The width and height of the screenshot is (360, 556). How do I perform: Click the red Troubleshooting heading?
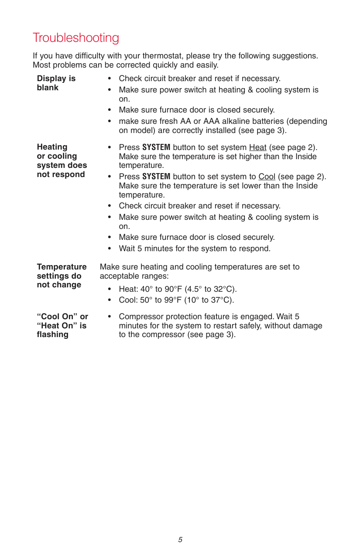pos(75,38)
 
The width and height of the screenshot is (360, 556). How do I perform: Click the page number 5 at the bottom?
pos(180,540)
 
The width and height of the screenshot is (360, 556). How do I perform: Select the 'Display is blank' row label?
pos(56,83)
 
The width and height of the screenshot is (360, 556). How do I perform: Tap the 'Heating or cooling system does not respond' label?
pos(62,160)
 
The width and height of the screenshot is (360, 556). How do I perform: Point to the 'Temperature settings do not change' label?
pos(62,276)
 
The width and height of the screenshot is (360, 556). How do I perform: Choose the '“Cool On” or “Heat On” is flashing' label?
pos(62,325)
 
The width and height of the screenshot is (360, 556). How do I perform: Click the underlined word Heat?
pos(257,147)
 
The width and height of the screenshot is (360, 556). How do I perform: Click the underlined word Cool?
pos(267,177)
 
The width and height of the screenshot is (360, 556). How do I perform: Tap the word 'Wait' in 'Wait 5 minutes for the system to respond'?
pos(127,249)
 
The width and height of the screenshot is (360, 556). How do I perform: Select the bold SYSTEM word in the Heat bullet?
pos(156,147)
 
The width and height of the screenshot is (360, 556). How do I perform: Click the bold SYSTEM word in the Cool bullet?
pos(156,177)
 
